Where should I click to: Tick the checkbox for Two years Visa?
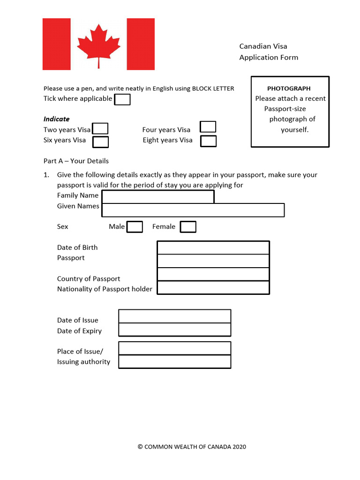[x=100, y=129]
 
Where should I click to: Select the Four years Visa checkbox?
[x=208, y=127]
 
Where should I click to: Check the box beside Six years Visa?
[x=100, y=142]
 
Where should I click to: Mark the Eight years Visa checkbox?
[x=208, y=141]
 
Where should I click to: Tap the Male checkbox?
[x=135, y=227]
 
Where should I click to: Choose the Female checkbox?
[x=188, y=227]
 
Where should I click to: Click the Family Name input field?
[x=158, y=196]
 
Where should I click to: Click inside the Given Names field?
[x=193, y=210]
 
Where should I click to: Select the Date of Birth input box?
[x=213, y=247]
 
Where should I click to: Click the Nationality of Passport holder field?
[x=213, y=288]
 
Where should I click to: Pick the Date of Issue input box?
[x=175, y=316]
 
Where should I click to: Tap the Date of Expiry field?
[x=175, y=330]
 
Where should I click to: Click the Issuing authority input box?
[x=175, y=362]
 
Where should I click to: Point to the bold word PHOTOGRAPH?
[x=289, y=88]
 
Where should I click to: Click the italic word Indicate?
[x=56, y=119]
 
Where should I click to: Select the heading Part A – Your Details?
[x=76, y=161]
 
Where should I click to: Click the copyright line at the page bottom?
[x=192, y=447]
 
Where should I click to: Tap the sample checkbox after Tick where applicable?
[x=122, y=99]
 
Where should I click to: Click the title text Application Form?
[x=269, y=57]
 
